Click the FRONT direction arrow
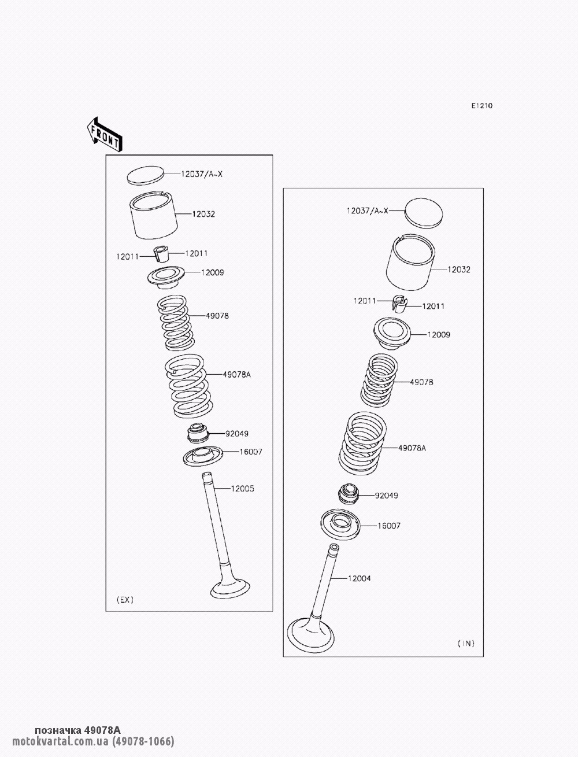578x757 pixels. (104, 135)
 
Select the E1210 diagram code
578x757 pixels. (482, 106)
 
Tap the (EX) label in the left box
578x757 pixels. (125, 600)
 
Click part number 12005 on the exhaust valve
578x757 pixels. (242, 489)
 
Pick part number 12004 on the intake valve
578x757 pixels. (359, 578)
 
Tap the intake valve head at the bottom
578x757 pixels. (310, 635)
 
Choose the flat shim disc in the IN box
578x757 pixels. (424, 213)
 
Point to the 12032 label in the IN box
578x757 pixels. (459, 269)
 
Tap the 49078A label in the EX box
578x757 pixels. (236, 374)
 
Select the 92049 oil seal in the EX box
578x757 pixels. (198, 433)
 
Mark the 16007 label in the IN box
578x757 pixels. (389, 526)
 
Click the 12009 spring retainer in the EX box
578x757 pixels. (166, 278)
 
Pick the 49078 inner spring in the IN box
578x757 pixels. (379, 380)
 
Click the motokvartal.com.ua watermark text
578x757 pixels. (60, 741)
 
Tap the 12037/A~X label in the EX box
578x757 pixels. (202, 174)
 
